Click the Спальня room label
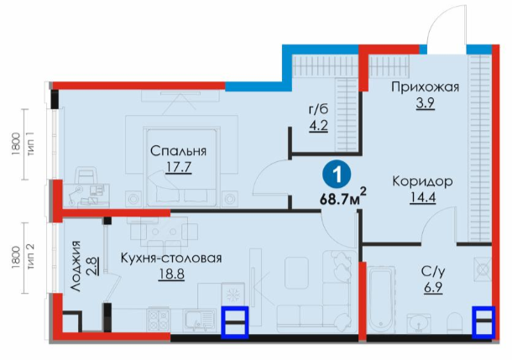click(x=178, y=151)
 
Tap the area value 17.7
click(x=178, y=168)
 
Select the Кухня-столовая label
click(x=171, y=258)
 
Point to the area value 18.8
click(x=171, y=274)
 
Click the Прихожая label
click(x=426, y=87)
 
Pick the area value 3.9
click(x=426, y=103)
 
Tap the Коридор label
click(x=422, y=181)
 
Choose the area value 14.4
click(x=422, y=197)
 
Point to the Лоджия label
click(x=76, y=266)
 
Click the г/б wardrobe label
click(x=318, y=110)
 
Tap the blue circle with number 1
click(x=337, y=174)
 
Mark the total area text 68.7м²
click(x=342, y=197)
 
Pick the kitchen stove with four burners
click(x=159, y=320)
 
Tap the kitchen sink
click(x=199, y=321)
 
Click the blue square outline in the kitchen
click(x=235, y=321)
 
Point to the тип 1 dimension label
click(x=31, y=144)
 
